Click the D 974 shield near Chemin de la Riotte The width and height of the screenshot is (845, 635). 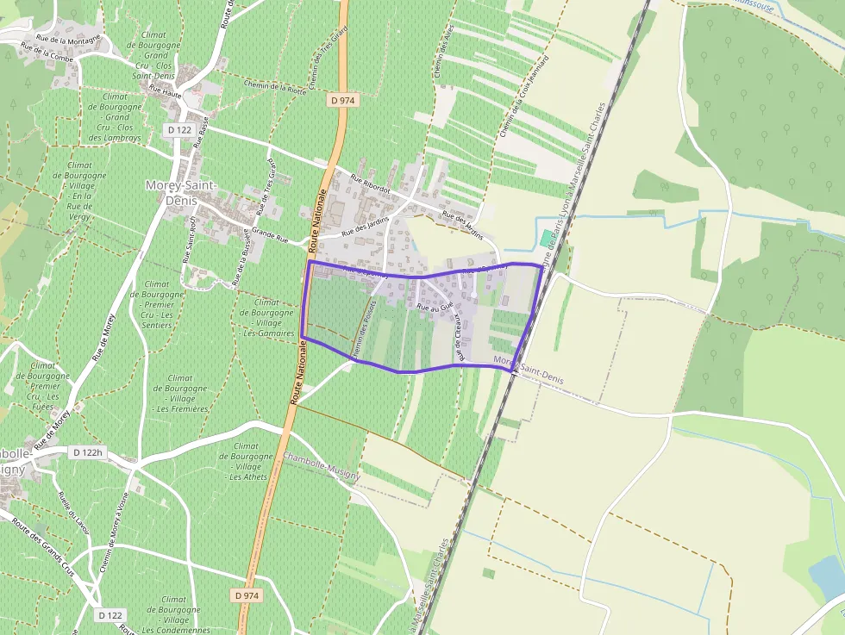click(343, 100)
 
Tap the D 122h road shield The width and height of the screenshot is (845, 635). click(88, 452)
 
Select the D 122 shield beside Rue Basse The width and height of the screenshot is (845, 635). click(179, 129)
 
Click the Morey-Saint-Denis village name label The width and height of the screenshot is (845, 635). click(181, 193)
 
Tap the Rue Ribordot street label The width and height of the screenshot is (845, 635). click(371, 184)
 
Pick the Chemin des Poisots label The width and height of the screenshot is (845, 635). click(363, 328)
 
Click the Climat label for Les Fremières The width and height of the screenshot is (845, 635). click(180, 393)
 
